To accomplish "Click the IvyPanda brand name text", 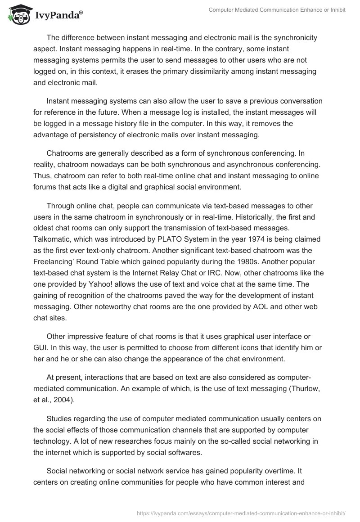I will [x=57, y=16].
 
